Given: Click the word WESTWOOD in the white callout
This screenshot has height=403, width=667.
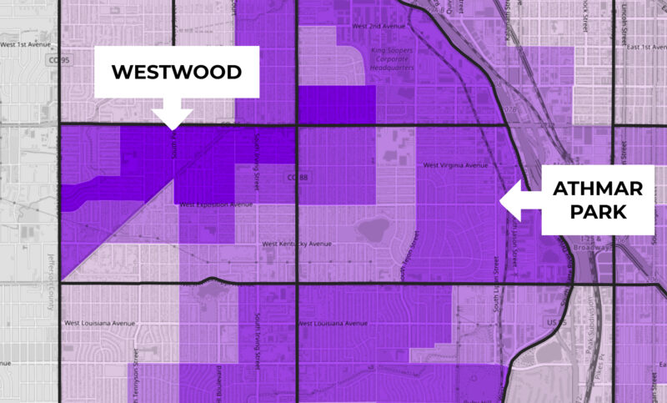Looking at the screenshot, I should [176, 72].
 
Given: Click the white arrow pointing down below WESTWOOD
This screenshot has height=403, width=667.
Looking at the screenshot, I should [173, 116].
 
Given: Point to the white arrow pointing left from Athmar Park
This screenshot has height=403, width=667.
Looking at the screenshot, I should [519, 199].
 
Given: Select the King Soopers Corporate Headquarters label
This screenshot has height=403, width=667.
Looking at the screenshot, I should [391, 62].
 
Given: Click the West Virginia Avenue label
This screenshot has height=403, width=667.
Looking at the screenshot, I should [454, 165].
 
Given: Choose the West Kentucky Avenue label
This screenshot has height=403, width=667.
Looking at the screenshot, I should [296, 244].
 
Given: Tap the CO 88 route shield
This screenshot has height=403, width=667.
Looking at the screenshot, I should [291, 178].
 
